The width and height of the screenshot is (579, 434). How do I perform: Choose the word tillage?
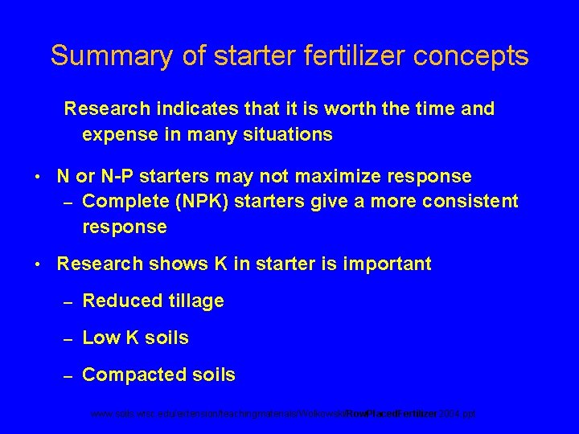pos(196,301)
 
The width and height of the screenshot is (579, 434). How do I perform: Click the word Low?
pos(100,338)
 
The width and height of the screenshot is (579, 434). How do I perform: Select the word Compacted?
pos(130,375)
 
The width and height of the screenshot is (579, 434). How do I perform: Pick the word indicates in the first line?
pos(183,108)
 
